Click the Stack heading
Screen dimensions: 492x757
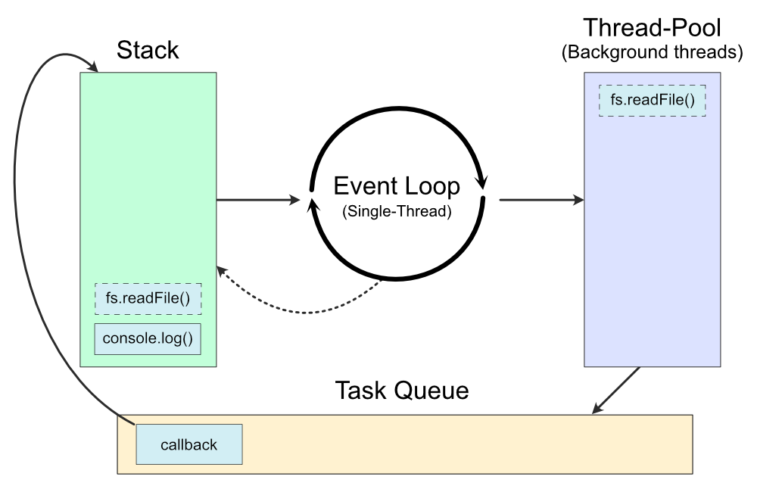point(148,51)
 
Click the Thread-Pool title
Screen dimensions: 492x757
point(652,29)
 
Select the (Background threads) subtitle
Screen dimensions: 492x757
point(652,53)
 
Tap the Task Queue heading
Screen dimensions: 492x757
point(402,391)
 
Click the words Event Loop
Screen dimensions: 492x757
point(397,185)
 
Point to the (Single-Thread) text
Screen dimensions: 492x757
point(397,212)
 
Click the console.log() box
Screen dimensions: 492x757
point(148,339)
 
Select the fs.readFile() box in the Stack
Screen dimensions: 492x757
point(148,298)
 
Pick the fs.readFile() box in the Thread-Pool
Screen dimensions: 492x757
point(652,101)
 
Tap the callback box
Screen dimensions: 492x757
point(188,444)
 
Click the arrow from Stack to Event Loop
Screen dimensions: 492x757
point(257,200)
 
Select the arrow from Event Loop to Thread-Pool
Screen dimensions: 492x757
point(540,200)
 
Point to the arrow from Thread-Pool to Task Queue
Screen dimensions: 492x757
point(616,391)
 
